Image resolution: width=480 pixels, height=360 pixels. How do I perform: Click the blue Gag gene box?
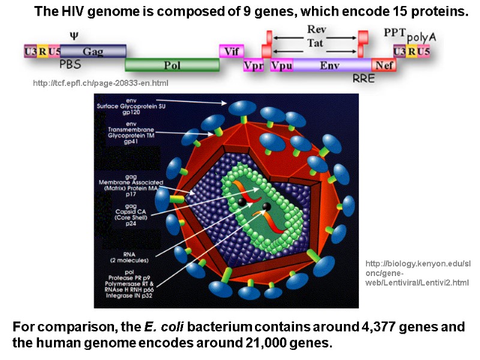pyautogui.click(x=93, y=51)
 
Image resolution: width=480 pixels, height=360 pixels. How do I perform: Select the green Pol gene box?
pyautogui.click(x=172, y=65)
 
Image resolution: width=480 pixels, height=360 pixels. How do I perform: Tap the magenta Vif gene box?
pyautogui.click(x=232, y=51)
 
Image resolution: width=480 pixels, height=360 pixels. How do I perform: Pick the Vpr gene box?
pyautogui.click(x=254, y=65)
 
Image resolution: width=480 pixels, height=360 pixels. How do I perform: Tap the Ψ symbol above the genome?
pyautogui.click(x=74, y=37)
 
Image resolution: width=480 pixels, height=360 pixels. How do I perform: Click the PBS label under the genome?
pyautogui.click(x=70, y=63)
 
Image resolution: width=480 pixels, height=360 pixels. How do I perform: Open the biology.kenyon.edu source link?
pyautogui.click(x=416, y=273)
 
